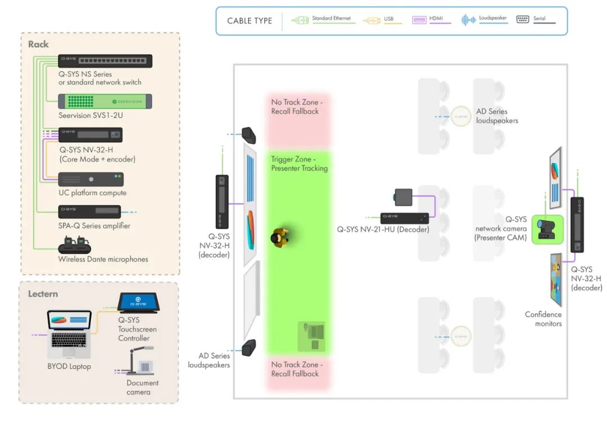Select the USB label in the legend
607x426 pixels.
tap(389, 19)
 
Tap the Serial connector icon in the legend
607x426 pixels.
tap(523, 19)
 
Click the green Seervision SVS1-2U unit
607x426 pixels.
tap(106, 101)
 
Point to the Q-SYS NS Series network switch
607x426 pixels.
tap(106, 61)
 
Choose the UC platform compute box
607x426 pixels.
tap(92, 179)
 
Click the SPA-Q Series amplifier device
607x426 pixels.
tap(90, 212)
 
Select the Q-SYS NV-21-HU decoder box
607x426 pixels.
tap(405, 217)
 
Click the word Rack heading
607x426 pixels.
tap(38, 44)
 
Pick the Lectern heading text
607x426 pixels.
tap(43, 294)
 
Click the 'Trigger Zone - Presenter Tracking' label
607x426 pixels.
tap(299, 164)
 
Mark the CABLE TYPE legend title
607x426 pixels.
tap(250, 21)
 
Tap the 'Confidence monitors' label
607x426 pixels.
tap(543, 319)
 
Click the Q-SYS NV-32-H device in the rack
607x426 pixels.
tap(91, 135)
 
